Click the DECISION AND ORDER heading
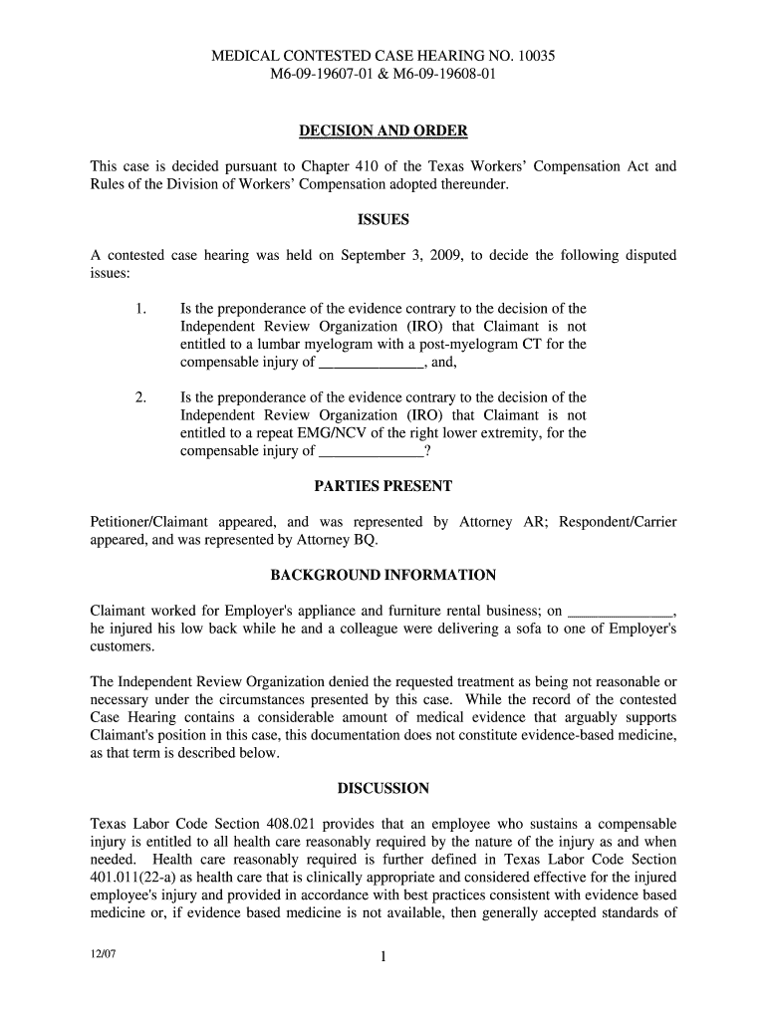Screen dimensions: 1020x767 [x=383, y=131]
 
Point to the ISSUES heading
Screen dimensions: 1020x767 [x=383, y=219]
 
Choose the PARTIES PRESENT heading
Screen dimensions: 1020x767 [x=383, y=486]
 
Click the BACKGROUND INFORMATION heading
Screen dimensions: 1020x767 [x=383, y=576]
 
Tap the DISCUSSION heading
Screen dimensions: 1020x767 [x=383, y=788]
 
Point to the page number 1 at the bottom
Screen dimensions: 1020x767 [x=383, y=958]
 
